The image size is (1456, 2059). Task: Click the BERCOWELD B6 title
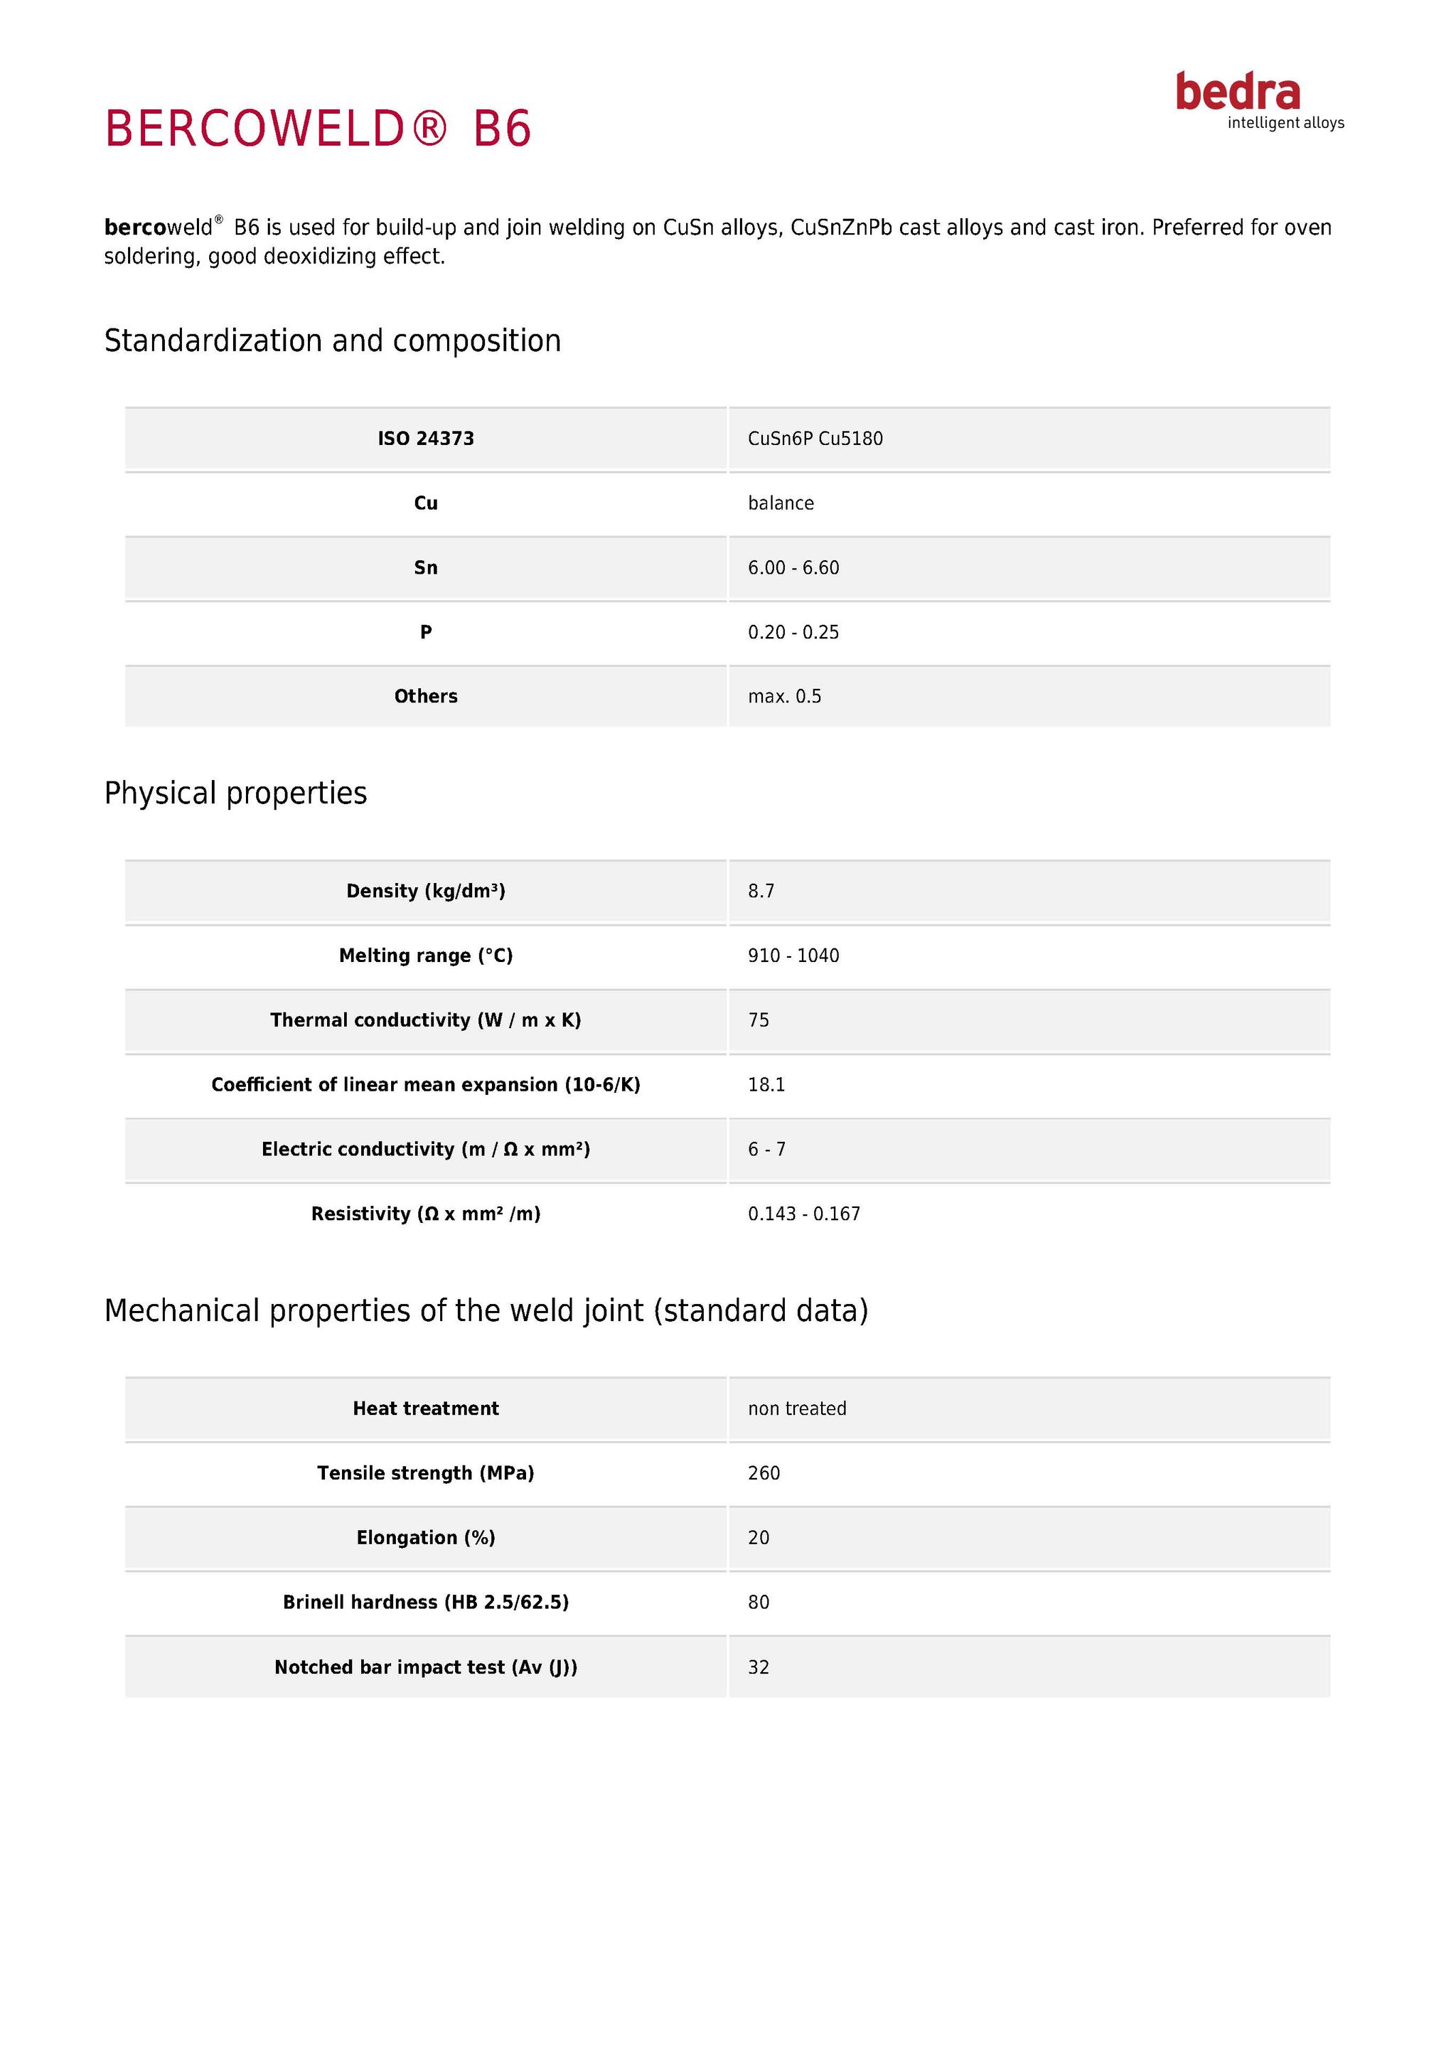pos(318,128)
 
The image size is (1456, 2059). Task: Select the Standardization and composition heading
pos(333,341)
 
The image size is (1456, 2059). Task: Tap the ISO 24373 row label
pos(426,439)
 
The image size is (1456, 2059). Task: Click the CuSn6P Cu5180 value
pos(815,439)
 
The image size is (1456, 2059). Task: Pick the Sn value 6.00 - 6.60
pos(793,567)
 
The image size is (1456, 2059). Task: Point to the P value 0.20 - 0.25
pos(793,632)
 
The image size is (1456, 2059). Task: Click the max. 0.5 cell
pos(784,697)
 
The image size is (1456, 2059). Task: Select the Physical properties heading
pos(236,793)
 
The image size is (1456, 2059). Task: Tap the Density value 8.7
pos(761,892)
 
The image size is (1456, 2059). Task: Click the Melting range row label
pos(426,956)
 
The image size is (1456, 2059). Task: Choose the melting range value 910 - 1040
pos(793,956)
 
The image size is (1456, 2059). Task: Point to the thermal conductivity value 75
pos(759,1020)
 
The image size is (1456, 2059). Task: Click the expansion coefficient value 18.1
pos(766,1085)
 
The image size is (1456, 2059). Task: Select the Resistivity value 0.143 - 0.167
pos(804,1214)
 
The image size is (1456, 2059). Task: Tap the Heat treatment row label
pos(426,1409)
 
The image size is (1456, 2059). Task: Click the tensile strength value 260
pos(764,1473)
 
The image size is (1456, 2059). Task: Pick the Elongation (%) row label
pos(426,1538)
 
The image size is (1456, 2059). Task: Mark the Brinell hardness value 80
pos(759,1603)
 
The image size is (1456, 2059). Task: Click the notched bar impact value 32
pos(759,1667)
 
